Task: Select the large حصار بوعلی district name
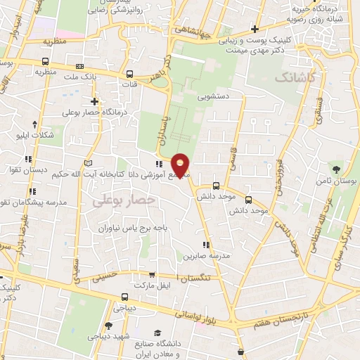pyautogui.click(x=117, y=200)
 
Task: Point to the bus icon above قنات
pyautogui.click(x=129, y=73)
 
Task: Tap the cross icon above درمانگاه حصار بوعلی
pyautogui.click(x=94, y=101)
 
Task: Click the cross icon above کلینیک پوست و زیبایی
pyautogui.click(x=254, y=30)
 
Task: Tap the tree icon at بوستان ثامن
pyautogui.click(x=337, y=169)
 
